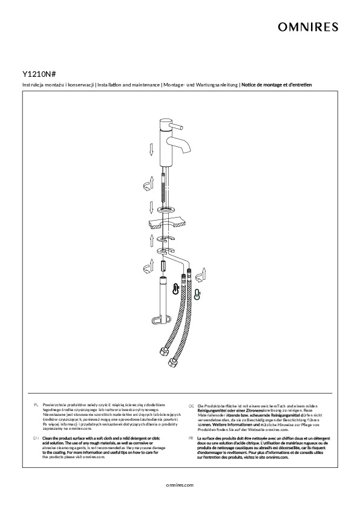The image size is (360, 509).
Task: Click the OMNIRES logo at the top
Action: (308, 27)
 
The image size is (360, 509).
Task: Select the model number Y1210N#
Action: (39, 74)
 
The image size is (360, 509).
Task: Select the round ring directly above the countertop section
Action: (166, 210)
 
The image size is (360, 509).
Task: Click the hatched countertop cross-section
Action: (166, 224)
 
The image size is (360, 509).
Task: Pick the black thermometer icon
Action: (175, 288)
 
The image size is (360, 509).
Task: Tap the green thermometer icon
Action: (197, 294)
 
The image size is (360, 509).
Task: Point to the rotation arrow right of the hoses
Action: (201, 274)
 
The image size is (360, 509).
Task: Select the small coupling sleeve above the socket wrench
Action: (164, 266)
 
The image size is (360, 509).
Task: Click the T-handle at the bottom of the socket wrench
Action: (160, 321)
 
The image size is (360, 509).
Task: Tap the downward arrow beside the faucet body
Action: (151, 149)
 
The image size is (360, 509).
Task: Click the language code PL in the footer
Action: (36, 405)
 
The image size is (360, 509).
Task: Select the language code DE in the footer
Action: (191, 406)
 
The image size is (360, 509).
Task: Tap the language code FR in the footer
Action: (191, 438)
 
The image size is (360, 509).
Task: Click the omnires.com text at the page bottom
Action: (180, 485)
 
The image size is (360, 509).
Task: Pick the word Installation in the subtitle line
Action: (110, 85)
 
